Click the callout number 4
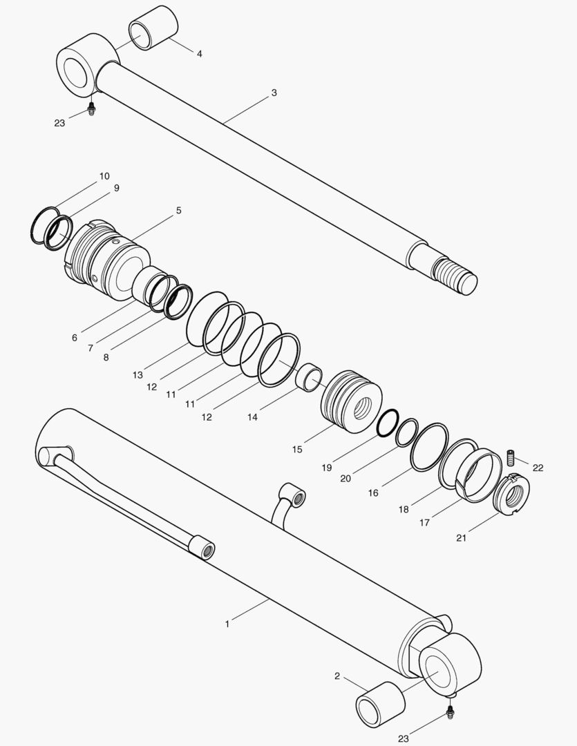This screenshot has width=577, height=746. [199, 54]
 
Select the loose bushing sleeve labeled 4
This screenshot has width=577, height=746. [153, 28]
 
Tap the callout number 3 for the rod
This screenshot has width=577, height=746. [274, 93]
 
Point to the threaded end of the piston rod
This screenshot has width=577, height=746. [454, 275]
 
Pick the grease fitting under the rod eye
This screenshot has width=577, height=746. [91, 108]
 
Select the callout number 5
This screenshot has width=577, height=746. [178, 210]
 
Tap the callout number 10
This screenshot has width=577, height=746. [104, 176]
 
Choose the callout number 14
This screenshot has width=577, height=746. [253, 418]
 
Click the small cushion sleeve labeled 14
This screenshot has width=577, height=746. [308, 376]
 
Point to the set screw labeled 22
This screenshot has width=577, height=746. [511, 457]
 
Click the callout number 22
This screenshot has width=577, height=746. [538, 468]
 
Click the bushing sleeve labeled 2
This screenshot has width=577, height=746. [379, 705]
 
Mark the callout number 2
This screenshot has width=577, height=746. [337, 676]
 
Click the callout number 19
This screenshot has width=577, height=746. [327, 468]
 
